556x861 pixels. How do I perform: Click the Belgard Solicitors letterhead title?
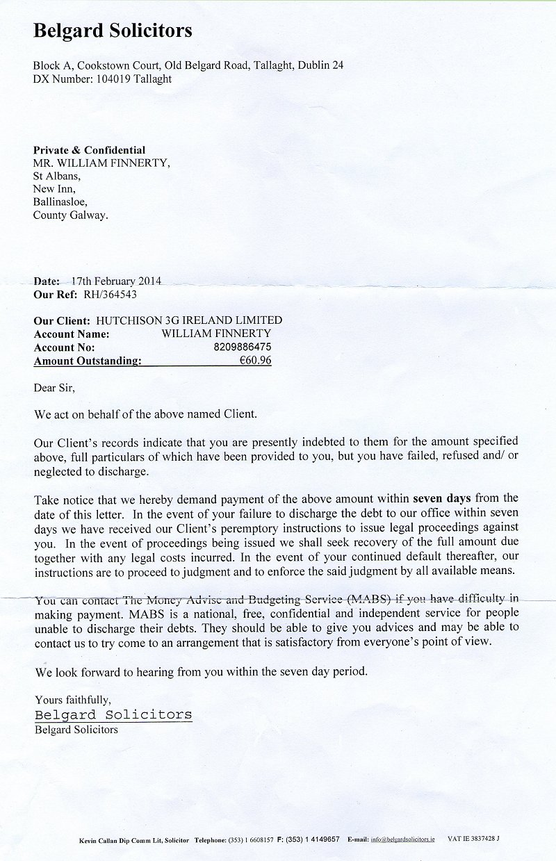point(113,31)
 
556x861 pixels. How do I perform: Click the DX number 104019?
point(110,79)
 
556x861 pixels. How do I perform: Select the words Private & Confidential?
point(90,150)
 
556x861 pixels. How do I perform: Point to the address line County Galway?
point(71,215)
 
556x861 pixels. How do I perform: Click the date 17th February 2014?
point(116,281)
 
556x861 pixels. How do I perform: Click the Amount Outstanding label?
point(88,360)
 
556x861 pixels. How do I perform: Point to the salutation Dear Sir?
point(54,387)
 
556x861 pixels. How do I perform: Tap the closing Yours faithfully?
point(72,700)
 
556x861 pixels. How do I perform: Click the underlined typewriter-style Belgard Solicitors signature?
point(113,714)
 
